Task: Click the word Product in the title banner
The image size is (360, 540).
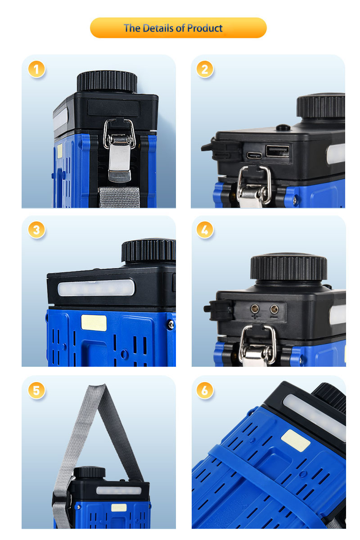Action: [x=204, y=28]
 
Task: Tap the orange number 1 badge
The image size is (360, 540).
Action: [x=36, y=69]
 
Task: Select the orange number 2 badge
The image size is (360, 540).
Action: [x=204, y=69]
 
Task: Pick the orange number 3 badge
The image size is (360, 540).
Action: [x=36, y=230]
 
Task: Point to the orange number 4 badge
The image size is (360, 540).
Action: [x=204, y=230]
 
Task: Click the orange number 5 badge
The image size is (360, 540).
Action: [x=36, y=390]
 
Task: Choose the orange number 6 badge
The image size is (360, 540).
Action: [x=204, y=390]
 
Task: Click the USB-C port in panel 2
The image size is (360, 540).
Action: [x=254, y=156]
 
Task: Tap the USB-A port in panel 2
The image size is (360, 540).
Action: [x=277, y=151]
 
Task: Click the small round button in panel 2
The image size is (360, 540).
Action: [x=283, y=127]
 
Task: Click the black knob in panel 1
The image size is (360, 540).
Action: [x=107, y=81]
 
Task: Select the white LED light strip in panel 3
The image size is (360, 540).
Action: [x=96, y=288]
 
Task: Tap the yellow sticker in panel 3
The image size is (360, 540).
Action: [x=94, y=323]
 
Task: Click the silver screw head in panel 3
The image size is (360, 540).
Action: [x=171, y=324]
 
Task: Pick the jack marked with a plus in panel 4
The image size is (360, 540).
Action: [x=255, y=308]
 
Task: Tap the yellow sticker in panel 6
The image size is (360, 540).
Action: [x=296, y=441]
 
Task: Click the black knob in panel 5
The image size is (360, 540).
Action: [x=90, y=472]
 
